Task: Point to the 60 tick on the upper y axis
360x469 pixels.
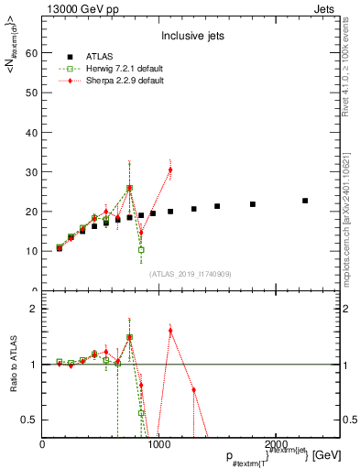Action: (33, 53)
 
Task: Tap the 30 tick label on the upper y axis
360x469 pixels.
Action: (33, 172)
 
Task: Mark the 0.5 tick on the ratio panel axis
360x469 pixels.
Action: (30, 420)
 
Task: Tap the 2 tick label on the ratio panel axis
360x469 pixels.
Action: (35, 309)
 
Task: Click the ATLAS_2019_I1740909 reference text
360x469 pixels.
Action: (189, 274)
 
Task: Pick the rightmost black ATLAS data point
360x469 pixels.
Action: (305, 201)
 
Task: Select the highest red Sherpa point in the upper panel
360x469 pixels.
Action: (170, 169)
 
